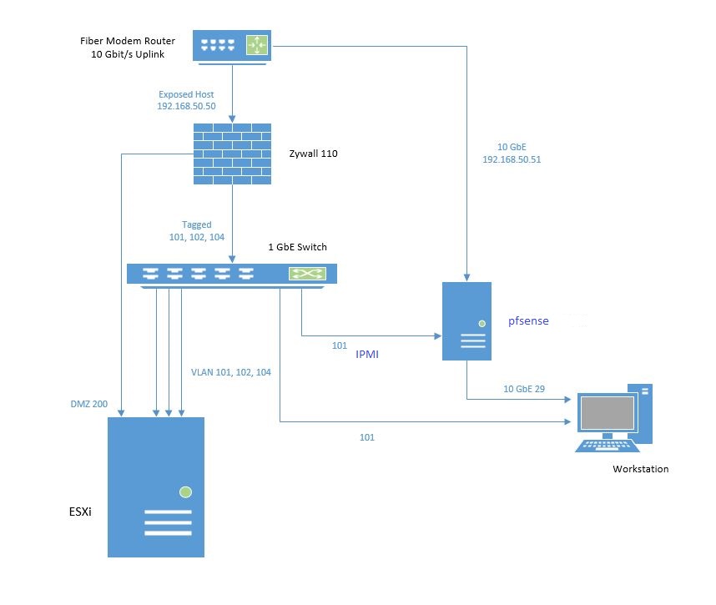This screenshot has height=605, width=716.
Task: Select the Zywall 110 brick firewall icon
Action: (232, 154)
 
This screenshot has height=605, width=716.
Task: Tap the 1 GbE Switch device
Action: (232, 274)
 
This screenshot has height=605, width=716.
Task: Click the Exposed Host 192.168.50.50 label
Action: (186, 101)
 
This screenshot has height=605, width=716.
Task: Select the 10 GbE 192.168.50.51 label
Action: (512, 154)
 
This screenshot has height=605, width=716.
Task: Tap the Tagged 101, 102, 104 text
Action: (198, 230)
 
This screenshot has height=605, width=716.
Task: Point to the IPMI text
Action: (368, 355)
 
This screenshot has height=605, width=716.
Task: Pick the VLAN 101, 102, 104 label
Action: (231, 372)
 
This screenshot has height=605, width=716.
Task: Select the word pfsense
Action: (528, 320)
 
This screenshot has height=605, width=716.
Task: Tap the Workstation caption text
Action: (640, 469)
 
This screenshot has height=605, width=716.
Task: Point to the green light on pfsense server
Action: (482, 323)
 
